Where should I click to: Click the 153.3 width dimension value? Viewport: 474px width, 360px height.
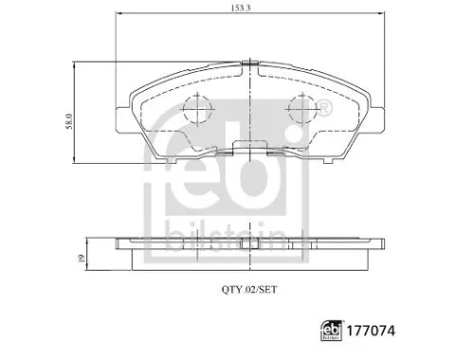coord(248,9)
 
